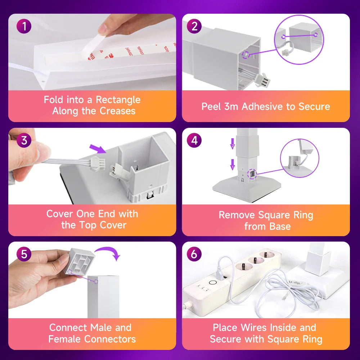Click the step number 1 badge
[24, 26]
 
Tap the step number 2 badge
[194, 26]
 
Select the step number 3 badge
[24, 140]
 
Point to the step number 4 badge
[194, 140]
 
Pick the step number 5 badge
[24, 254]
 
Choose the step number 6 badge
[194, 254]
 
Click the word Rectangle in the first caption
[118, 100]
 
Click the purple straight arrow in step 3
[98, 149]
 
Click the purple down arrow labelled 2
[233, 144]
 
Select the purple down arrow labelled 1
[233, 165]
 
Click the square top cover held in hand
[80, 261]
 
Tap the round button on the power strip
[213, 283]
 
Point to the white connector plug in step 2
[262, 80]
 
